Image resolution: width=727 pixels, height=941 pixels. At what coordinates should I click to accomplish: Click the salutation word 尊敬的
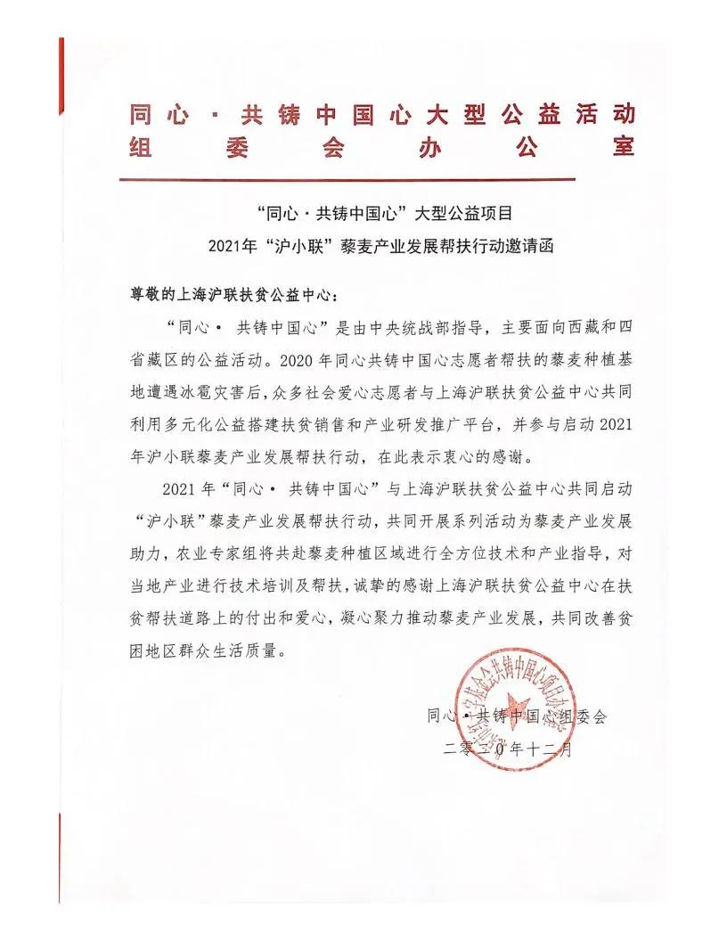pyautogui.click(x=146, y=294)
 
